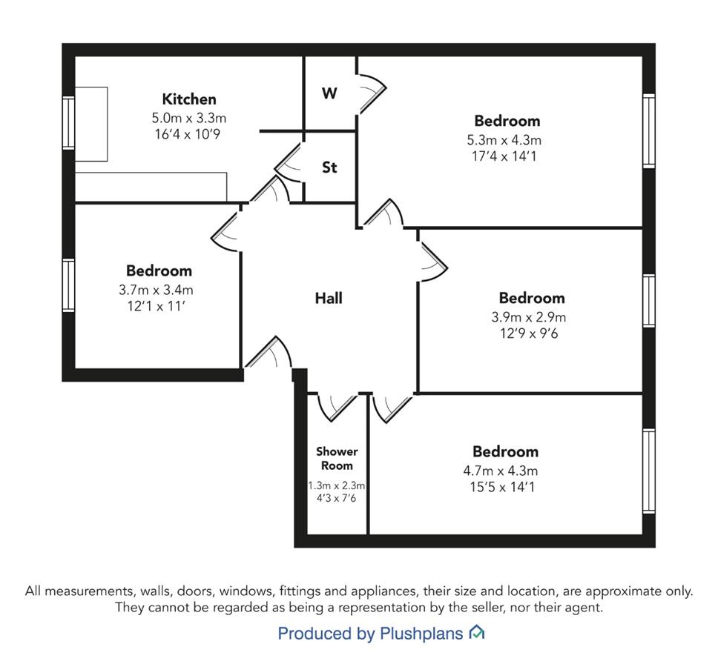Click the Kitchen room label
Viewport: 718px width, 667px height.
tap(189, 99)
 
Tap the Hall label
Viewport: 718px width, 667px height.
tap(329, 298)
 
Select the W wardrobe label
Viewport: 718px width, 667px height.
tap(329, 93)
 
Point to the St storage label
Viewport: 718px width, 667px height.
tap(329, 167)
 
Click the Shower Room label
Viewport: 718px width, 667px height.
tap(337, 459)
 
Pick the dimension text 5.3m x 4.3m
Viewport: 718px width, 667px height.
tap(504, 140)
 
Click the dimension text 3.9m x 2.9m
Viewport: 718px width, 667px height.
tap(529, 317)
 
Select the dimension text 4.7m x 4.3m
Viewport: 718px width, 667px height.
tap(501, 471)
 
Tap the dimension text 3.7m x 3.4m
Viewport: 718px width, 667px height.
tap(157, 290)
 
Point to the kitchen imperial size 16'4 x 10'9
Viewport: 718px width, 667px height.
tap(188, 134)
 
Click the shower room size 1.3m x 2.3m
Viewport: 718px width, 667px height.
tap(337, 485)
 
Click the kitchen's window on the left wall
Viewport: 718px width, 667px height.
tap(69, 122)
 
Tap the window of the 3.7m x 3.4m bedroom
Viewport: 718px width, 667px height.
tap(69, 285)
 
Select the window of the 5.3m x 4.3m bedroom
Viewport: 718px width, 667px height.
tap(649, 131)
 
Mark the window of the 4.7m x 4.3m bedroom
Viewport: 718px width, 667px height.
tap(649, 471)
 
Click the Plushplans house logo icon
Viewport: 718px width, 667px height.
tap(477, 633)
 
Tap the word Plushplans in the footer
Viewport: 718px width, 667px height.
tap(421, 634)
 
